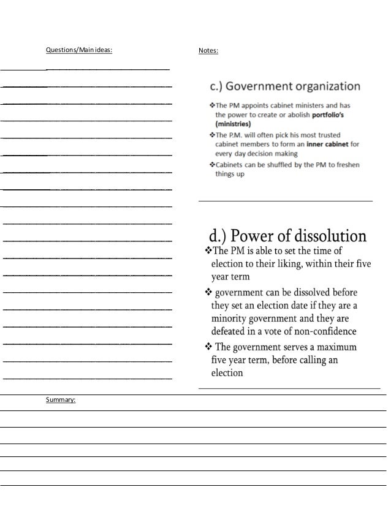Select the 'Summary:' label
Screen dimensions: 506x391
click(61, 400)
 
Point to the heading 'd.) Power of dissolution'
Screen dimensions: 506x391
click(288, 236)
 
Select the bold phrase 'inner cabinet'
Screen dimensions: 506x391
click(319, 145)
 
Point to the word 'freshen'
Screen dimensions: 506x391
click(346, 165)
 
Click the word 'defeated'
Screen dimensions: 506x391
click(231, 331)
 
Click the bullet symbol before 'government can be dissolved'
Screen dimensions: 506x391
click(208, 292)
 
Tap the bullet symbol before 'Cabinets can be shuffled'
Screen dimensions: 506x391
click(211, 165)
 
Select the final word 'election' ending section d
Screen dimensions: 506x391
click(227, 372)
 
